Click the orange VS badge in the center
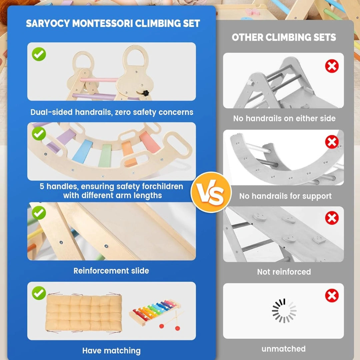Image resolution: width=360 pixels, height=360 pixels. [211, 192]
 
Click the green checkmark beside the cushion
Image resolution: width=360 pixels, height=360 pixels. [39, 293]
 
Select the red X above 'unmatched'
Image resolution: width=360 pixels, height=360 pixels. [332, 296]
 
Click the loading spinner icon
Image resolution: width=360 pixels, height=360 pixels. [284, 311]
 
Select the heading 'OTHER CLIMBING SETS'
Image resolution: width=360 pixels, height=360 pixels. [284, 37]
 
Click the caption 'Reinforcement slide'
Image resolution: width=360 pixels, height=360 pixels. [111, 271]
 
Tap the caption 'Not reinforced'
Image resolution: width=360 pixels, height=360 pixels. [284, 272]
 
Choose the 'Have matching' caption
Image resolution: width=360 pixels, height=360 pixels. [111, 350]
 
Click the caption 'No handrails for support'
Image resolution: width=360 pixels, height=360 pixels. [285, 196]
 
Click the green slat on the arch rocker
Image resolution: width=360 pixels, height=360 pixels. [105, 156]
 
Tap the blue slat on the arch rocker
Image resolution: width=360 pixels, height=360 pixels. [82, 152]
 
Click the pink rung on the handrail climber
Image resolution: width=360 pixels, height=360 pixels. [99, 80]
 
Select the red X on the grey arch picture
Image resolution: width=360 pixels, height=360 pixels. [332, 142]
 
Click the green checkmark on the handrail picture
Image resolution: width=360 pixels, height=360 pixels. [39, 54]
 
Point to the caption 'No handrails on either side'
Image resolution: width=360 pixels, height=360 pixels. [284, 118]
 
